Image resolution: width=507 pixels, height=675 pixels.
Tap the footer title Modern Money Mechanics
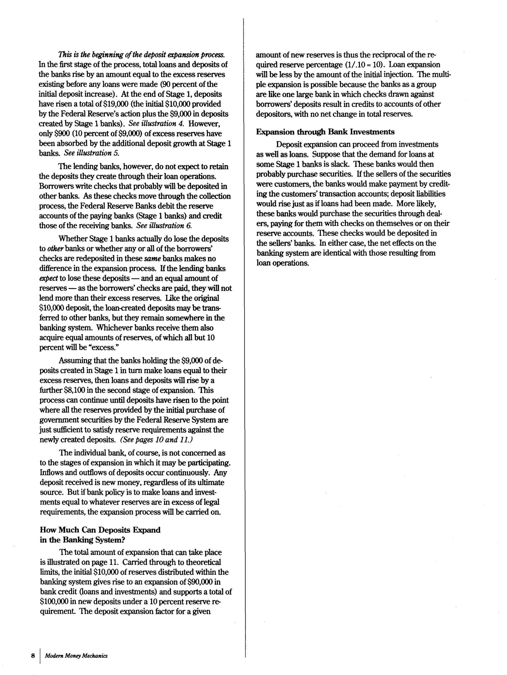tap(76, 655)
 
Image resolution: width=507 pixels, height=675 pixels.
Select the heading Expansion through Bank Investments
tap(325, 132)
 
